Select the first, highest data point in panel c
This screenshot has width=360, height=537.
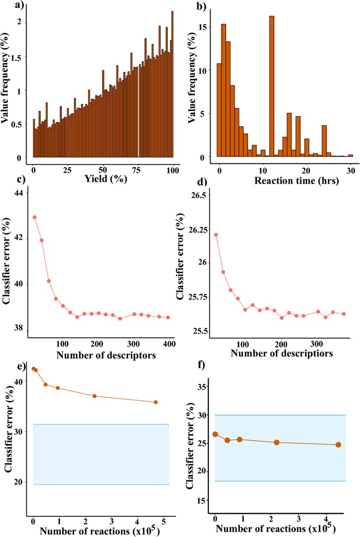(35, 217)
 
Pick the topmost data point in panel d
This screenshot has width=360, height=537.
(216, 234)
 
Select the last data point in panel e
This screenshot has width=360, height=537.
(156, 402)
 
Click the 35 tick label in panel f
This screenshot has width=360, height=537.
(201, 387)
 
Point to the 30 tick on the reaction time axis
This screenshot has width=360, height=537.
(349, 169)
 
